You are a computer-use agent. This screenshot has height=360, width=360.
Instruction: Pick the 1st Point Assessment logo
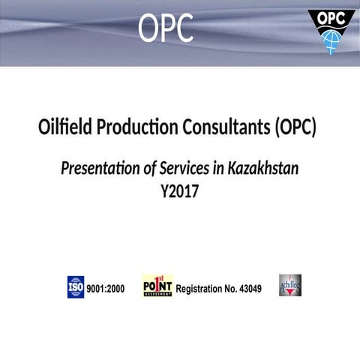coord(157,286)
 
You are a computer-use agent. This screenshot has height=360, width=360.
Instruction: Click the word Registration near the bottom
coord(201,288)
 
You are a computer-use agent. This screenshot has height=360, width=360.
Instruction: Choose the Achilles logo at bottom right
coord(290,286)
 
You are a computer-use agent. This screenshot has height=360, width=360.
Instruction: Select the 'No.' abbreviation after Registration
coord(230,288)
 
